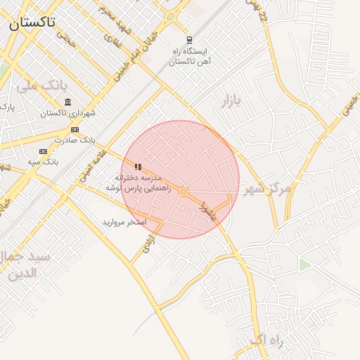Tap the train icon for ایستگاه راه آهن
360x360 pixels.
point(189,40)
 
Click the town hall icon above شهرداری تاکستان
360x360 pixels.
point(67,103)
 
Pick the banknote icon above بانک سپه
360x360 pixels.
point(44,151)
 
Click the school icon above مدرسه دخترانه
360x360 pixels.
point(139,167)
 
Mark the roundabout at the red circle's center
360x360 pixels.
point(183,191)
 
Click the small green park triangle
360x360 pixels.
point(304,264)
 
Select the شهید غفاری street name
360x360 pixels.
point(112,43)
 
